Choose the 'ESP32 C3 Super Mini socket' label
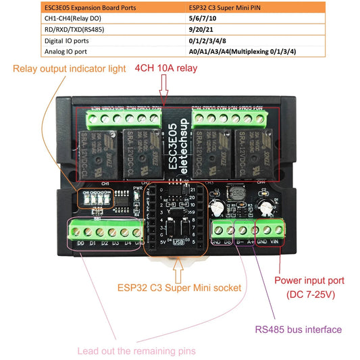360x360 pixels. pyautogui.click(x=178, y=287)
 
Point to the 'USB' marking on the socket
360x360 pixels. pyautogui.click(x=178, y=241)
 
